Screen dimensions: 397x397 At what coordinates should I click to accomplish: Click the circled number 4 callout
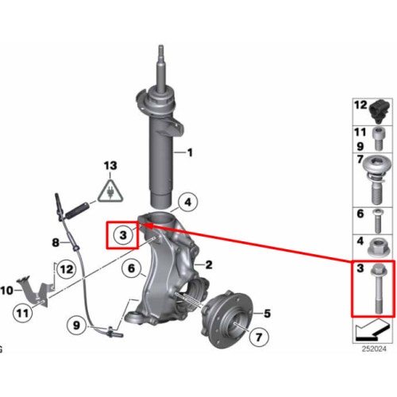tap(187, 202)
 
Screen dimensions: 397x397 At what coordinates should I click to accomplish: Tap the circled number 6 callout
tap(132, 268)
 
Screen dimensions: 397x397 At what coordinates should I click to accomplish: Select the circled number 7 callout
tap(259, 337)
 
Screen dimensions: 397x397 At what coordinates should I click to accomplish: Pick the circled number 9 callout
tap(76, 325)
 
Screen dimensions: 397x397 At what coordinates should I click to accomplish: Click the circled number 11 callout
tap(22, 314)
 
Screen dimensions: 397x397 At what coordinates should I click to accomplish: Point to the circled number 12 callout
tap(67, 269)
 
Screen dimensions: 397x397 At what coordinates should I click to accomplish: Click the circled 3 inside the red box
tap(123, 235)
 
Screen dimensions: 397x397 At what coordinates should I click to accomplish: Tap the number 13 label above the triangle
tap(110, 166)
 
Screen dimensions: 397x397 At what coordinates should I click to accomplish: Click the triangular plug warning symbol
tap(110, 191)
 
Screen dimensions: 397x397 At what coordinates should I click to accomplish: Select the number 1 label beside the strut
tap(190, 152)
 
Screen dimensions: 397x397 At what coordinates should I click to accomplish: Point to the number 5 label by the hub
tap(268, 314)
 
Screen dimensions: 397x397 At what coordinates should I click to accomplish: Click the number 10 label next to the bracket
tap(6, 291)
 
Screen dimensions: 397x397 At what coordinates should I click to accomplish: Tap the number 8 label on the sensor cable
tap(56, 242)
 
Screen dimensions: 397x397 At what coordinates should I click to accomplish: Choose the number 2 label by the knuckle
tap(209, 264)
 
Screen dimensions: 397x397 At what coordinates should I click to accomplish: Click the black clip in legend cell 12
tap(380, 111)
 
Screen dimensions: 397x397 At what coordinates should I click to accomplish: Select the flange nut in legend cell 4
tap(379, 247)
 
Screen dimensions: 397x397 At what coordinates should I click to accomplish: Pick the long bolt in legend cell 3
tap(379, 289)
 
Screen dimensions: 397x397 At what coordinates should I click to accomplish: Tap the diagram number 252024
tap(374, 349)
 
